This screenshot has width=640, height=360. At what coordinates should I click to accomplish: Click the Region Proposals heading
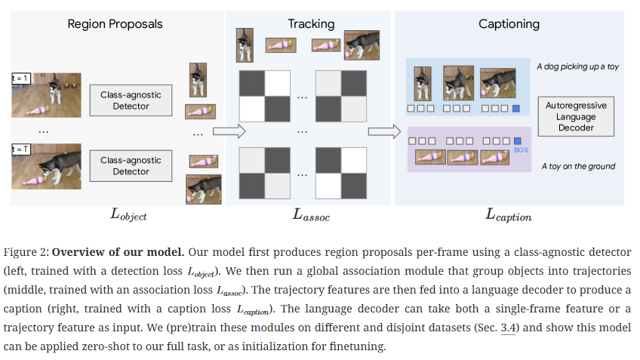115,24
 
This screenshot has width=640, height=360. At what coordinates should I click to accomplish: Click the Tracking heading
311,24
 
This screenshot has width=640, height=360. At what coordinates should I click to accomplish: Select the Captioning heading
509,24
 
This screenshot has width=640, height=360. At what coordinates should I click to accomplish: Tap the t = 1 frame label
21,78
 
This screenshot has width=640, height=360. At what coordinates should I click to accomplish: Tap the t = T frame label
21,149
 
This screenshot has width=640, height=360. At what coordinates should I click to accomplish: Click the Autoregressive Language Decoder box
576,116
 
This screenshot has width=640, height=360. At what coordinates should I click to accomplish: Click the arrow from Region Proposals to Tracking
229,131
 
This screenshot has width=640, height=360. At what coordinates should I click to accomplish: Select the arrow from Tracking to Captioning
384,131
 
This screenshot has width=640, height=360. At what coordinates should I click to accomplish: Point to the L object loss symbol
128,214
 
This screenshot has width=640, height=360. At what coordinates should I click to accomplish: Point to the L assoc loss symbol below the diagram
311,214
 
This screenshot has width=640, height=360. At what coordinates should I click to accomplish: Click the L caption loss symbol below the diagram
508,214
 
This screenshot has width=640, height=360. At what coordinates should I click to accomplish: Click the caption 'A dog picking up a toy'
577,66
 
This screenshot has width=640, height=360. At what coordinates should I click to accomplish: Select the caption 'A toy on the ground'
578,166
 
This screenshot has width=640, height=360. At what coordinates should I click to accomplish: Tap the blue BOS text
522,150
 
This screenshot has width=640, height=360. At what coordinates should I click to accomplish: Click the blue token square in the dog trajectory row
516,109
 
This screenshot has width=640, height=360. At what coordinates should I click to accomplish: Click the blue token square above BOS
518,141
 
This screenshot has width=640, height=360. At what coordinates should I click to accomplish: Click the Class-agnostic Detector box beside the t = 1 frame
131,100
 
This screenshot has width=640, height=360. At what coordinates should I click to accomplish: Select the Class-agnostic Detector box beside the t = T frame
131,166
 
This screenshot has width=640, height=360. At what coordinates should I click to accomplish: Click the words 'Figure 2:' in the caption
26,252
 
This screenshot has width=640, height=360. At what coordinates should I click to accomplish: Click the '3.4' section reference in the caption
508,328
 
